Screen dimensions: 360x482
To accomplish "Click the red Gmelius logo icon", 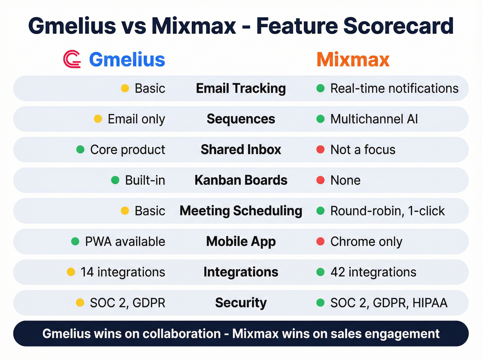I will (x=72, y=59).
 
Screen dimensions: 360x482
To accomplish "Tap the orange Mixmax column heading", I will (x=353, y=59).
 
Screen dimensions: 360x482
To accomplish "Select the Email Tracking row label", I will (x=241, y=89).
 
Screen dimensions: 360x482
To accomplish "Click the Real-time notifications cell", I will (x=394, y=89).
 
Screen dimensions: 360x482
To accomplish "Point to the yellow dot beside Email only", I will (x=98, y=119).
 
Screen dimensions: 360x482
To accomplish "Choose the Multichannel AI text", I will (x=374, y=119).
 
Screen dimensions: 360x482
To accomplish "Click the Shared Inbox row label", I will (x=241, y=150).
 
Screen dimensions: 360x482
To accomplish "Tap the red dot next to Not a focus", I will (x=320, y=150).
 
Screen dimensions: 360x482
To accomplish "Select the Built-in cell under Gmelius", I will (x=145, y=180).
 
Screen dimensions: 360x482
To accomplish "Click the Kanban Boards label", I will (x=241, y=180).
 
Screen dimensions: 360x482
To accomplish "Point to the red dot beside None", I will (x=320, y=180).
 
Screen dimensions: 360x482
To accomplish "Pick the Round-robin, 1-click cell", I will (x=387, y=211).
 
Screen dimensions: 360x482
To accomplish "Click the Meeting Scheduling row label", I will (x=241, y=211).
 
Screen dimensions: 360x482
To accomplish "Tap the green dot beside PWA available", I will (x=75, y=241).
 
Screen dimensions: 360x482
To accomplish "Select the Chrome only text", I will (x=366, y=241).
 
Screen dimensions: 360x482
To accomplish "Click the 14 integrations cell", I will (x=123, y=272).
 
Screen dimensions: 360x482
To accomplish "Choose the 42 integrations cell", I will (x=373, y=272).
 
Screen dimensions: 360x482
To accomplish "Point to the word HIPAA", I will (x=430, y=303).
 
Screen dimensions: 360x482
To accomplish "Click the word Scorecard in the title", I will (x=398, y=26).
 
